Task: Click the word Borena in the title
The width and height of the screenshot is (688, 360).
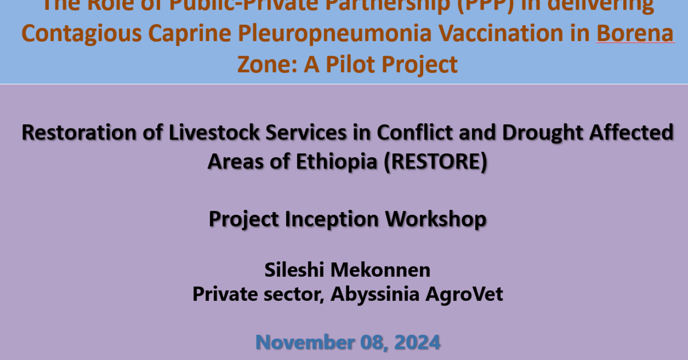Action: [x=635, y=34]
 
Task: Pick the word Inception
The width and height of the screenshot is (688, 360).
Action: [x=330, y=219]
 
